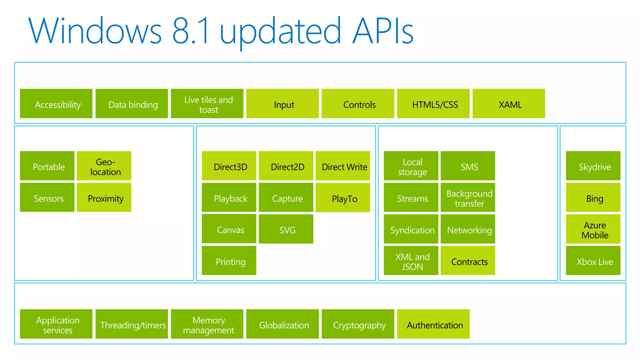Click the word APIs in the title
click(x=383, y=31)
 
